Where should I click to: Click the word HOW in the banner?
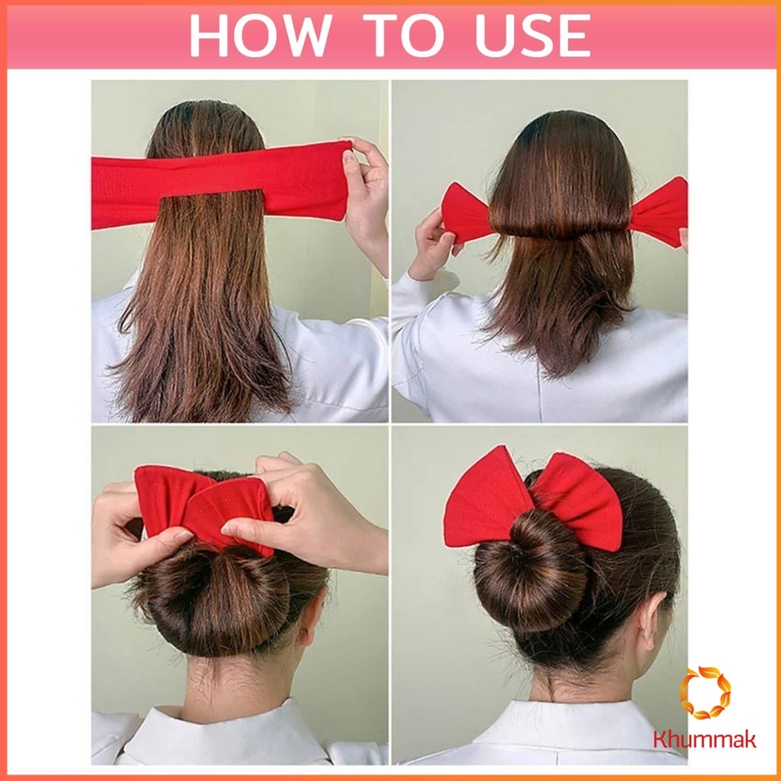[261, 35]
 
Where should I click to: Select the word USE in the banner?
[532, 35]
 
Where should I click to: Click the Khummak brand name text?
[705, 738]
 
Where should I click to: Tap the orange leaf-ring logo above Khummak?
[705, 693]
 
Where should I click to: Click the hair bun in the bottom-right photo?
[532, 571]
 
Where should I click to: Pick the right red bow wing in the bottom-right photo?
[578, 500]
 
